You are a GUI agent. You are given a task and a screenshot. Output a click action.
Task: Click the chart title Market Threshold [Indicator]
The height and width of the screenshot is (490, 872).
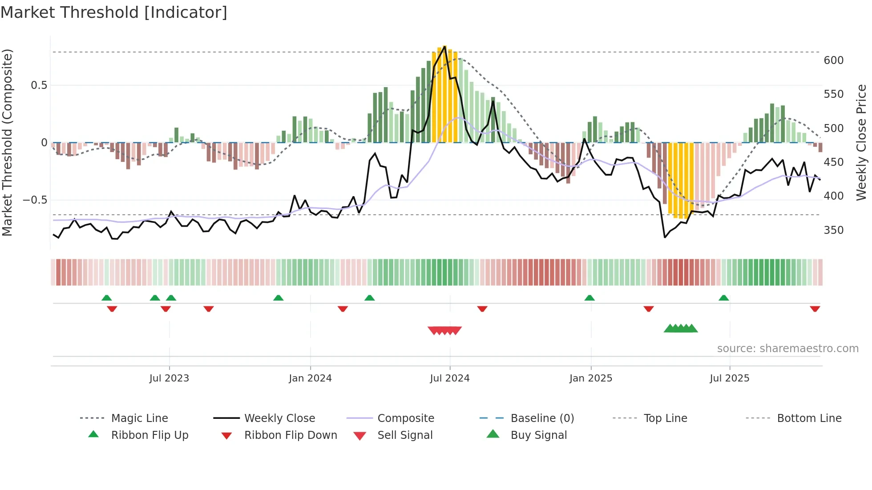coord(114,12)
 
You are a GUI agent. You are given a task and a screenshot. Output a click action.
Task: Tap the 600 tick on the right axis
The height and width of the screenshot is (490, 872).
coord(833,60)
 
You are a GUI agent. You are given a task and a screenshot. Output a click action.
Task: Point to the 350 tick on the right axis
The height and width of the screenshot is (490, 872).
coord(833,230)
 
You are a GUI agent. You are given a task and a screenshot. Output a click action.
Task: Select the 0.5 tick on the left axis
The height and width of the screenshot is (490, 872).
coord(39,85)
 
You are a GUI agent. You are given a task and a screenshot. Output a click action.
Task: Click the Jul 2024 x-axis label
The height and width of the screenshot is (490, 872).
coord(449,378)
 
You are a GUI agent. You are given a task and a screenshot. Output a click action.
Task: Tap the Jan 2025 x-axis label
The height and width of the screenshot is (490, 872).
coord(590,378)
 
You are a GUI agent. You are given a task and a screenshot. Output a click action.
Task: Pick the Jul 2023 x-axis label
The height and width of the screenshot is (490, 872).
coord(169,378)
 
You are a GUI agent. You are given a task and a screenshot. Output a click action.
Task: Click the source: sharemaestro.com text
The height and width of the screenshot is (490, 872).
coord(787,349)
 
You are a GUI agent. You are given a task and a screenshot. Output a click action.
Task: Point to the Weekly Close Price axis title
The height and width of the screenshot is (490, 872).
coord(861,142)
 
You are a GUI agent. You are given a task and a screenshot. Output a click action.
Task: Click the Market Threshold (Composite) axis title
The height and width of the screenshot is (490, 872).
coord(7,142)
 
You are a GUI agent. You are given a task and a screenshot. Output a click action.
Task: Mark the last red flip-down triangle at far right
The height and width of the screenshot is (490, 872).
coord(815,309)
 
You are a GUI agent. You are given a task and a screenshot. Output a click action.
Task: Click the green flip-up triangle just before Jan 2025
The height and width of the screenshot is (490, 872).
coord(589,298)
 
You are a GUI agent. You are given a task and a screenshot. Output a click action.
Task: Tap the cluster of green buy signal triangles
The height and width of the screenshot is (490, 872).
coord(681,329)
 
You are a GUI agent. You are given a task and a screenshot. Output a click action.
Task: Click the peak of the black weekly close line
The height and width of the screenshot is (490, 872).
coord(444,47)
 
